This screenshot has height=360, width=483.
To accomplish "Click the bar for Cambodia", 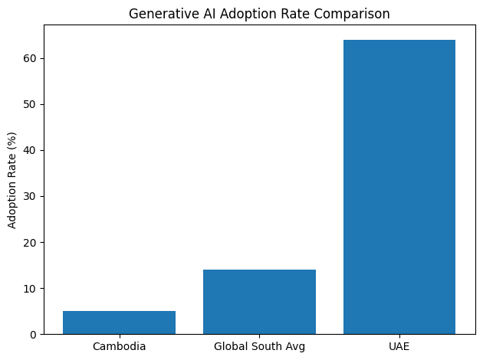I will tap(119, 322).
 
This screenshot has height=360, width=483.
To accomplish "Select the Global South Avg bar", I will tap(259, 302).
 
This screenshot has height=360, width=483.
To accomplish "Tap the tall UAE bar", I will tap(399, 187).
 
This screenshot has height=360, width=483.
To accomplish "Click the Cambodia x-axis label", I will tap(119, 346).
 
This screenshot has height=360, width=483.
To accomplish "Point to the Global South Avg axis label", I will tap(259, 346).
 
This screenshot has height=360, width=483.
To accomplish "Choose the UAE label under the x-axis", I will tap(399, 346).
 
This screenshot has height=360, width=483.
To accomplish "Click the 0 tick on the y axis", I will tap(34, 335).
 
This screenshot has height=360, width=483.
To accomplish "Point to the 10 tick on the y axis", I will tap(31, 289).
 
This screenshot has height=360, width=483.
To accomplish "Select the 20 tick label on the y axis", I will tap(31, 243).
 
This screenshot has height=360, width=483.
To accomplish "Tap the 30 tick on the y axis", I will tap(31, 197).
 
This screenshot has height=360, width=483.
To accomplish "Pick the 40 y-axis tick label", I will tap(31, 151).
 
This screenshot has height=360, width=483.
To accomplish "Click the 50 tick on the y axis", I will tap(31, 105).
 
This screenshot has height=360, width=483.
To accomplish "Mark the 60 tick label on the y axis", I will tap(31, 59).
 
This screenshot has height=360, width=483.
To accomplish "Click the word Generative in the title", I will tap(156, 14).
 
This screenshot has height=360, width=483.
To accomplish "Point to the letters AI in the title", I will tap(195, 14).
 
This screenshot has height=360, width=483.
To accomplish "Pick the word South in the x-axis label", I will tap(259, 346).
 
